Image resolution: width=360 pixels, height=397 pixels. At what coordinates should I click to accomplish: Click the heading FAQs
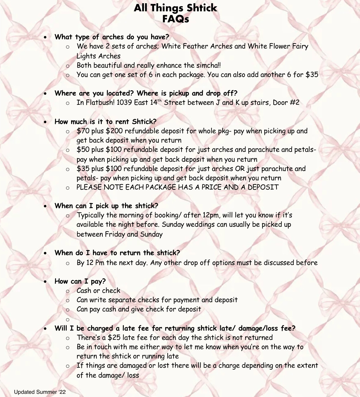[x=176, y=19]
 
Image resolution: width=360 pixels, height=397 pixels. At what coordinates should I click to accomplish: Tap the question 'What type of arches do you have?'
[x=112, y=37]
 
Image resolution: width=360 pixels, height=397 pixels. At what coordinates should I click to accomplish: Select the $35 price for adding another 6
[x=312, y=75]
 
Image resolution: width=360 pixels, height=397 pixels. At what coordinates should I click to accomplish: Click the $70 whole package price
[x=83, y=131]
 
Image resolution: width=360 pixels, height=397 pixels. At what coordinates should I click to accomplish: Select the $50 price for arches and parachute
[x=83, y=150]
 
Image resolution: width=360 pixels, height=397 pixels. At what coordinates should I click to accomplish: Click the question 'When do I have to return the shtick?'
[x=117, y=253]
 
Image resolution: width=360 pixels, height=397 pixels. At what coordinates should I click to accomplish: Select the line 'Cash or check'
[x=98, y=291]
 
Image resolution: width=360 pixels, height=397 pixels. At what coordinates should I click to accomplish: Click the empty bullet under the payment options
[x=68, y=320]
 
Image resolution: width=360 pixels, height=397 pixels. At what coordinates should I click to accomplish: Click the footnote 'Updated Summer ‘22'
[x=40, y=392]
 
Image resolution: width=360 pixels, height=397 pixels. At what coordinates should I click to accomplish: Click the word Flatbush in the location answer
[x=100, y=103]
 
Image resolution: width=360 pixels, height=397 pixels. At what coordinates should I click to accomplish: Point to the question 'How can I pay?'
[x=80, y=281]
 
